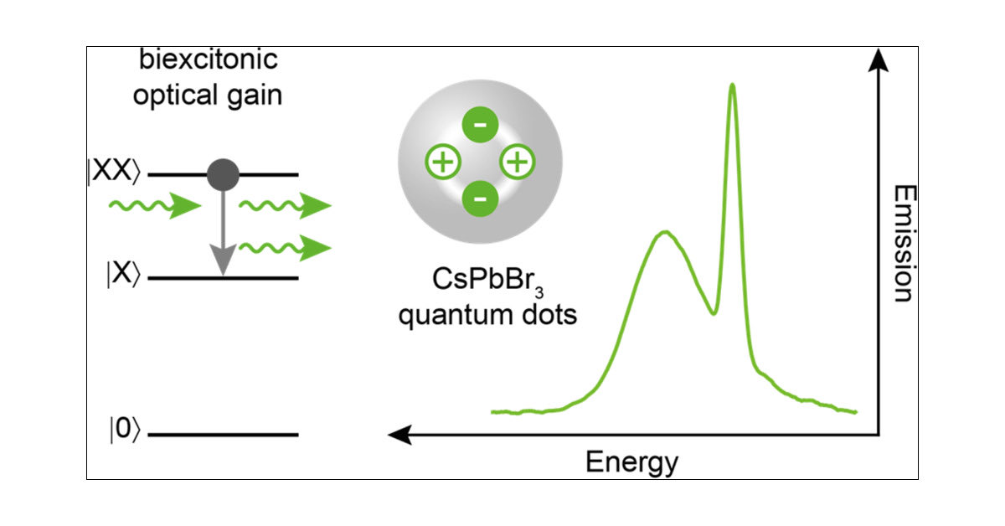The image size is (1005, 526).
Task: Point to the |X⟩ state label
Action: point(121,277)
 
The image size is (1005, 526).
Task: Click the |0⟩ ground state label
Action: point(121,434)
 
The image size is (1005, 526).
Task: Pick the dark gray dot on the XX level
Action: point(223,174)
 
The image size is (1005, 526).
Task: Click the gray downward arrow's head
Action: point(222,263)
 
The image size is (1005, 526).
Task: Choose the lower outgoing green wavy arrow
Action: point(285,247)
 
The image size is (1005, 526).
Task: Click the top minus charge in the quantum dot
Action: point(480,126)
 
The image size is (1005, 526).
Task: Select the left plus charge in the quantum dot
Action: point(443,162)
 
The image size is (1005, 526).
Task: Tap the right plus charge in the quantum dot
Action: point(517,162)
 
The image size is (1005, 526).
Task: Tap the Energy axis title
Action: point(631,462)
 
